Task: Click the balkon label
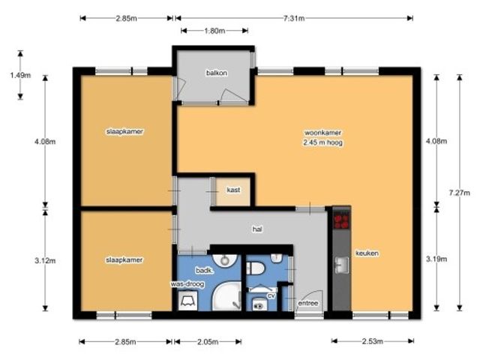point(217,73)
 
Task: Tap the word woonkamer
point(322,133)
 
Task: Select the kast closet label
point(233,190)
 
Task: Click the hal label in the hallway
point(257,229)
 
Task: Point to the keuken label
point(367,253)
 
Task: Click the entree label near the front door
point(308,303)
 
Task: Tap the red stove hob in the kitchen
point(341,220)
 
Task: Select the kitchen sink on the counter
point(342,265)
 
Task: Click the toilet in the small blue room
point(255,268)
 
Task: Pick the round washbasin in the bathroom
point(225,260)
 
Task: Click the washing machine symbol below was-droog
point(188,301)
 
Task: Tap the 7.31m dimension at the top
point(294,18)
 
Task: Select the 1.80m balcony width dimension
point(214,31)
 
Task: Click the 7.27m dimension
point(459,193)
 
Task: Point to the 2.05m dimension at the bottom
point(208,342)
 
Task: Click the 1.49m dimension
point(20,75)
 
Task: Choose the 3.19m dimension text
point(436,259)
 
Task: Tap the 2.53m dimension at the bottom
point(373,341)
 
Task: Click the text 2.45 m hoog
point(323,142)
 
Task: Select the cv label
point(271,295)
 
